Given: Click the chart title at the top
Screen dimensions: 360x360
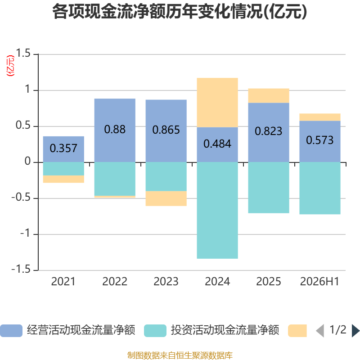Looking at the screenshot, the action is (180, 12).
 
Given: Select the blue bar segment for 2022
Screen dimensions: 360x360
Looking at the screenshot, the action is (115, 130).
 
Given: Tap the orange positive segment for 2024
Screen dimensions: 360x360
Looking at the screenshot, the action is (217, 103).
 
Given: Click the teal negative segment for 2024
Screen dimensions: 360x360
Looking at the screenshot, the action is (217, 211).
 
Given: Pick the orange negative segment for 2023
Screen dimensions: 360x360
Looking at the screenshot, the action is (166, 198).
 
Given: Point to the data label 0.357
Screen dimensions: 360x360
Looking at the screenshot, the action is (63, 148).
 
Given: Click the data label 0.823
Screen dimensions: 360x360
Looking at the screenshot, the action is (268, 131).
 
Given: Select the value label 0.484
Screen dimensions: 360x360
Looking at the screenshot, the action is (217, 144).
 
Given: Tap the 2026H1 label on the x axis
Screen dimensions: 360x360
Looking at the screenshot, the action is (319, 282).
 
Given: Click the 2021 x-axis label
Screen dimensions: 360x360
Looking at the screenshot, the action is (63, 282).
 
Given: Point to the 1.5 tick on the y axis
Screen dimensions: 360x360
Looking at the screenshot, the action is (23, 53).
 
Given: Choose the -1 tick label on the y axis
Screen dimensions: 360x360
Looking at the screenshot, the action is (25, 233).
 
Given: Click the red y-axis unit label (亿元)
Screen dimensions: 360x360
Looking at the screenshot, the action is (10, 66).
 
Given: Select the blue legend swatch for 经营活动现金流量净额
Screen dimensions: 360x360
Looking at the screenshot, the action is (11, 331).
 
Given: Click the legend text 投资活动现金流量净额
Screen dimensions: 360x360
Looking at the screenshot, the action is (225, 330).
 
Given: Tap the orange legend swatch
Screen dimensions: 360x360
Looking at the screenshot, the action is (297, 331).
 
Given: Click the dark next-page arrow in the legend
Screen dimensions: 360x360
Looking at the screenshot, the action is (355, 331).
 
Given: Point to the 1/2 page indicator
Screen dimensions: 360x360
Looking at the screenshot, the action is (338, 330).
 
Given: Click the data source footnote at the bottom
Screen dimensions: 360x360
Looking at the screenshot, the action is (180, 355).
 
